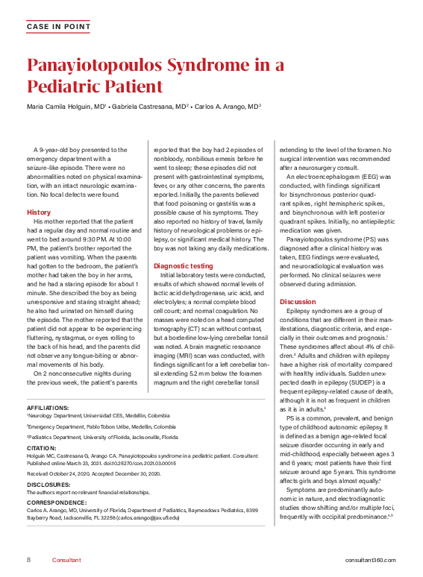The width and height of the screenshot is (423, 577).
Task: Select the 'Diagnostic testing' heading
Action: tap(183, 265)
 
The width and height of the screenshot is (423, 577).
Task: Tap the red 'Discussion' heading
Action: tap(298, 301)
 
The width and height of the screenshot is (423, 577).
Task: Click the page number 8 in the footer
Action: tap(28, 560)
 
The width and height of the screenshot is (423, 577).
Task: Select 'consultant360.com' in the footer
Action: tap(371, 560)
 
